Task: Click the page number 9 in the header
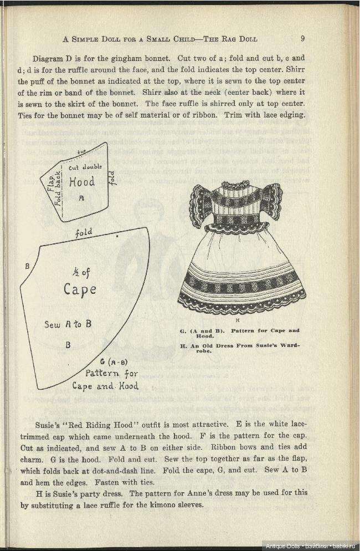click(x=303, y=39)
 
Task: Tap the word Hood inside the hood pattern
click(x=82, y=182)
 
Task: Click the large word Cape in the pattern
click(x=80, y=289)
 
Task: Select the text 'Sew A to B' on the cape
click(x=68, y=324)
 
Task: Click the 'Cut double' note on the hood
click(x=85, y=167)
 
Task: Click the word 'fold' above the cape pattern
click(x=84, y=233)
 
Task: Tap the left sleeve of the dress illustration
click(x=200, y=206)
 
